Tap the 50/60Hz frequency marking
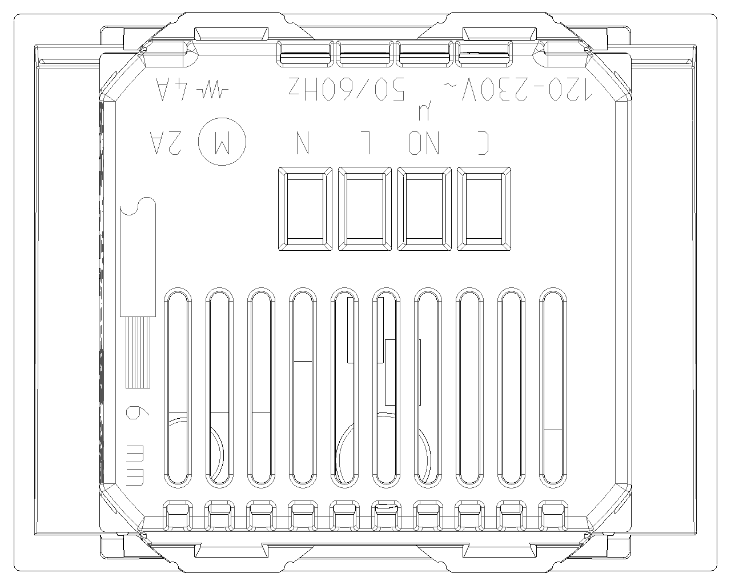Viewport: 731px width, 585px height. coord(347,89)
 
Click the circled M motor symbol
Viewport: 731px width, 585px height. coord(222,142)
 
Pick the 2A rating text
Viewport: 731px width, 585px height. coord(166,143)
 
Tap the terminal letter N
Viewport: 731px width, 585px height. coord(303,143)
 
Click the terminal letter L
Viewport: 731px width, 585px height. coord(365,143)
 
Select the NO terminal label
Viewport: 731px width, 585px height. coord(424,143)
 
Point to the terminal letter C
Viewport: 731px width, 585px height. coord(483,143)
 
